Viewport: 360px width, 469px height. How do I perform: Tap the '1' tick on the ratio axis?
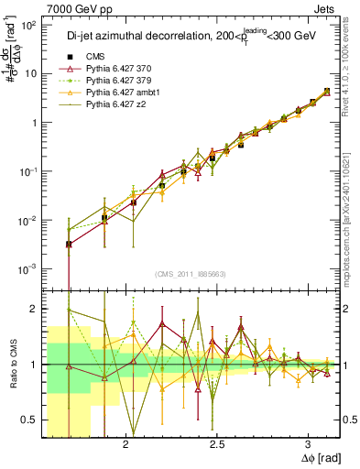35,365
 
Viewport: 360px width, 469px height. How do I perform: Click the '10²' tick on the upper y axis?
27,25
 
